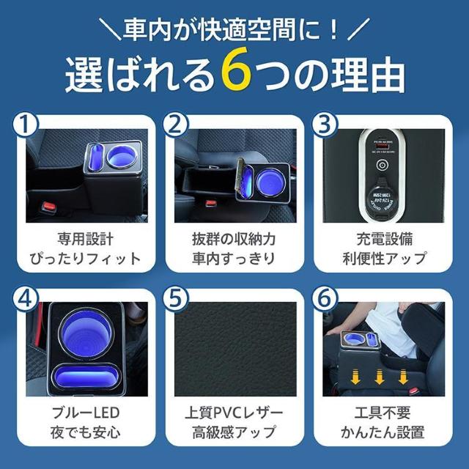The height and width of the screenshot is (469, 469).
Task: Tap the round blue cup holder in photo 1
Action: point(120,157)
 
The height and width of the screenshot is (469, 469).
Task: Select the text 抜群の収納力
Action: point(234,240)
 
